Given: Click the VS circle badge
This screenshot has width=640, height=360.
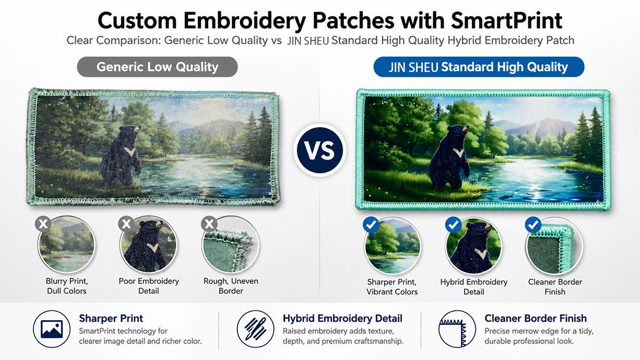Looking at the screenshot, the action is pyautogui.click(x=319, y=150).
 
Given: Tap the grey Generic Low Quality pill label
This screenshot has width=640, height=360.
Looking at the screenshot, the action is pyautogui.click(x=157, y=67).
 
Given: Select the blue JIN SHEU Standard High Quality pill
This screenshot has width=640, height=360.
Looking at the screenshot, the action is pyautogui.click(x=479, y=67).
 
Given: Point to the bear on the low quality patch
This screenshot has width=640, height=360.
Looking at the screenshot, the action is pyautogui.click(x=123, y=156).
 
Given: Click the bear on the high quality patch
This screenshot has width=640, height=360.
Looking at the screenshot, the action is pyautogui.click(x=450, y=158).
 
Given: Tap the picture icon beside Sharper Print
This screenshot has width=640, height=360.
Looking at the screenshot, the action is pyautogui.click(x=52, y=329).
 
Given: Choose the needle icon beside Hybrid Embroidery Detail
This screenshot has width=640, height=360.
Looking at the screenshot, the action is pyautogui.click(x=255, y=329).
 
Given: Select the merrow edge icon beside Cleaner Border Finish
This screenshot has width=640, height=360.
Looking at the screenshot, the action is pyautogui.click(x=457, y=329).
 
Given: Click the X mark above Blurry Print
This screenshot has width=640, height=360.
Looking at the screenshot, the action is pyautogui.click(x=43, y=223).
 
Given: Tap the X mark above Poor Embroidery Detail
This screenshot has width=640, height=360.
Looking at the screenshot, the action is pyautogui.click(x=126, y=223).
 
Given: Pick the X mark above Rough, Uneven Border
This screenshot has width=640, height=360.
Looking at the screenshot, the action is pyautogui.click(x=209, y=223).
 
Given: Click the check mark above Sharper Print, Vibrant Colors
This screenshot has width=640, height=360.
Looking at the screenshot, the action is pyautogui.click(x=371, y=225).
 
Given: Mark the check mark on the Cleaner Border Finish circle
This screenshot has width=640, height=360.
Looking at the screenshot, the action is pyautogui.click(x=533, y=225).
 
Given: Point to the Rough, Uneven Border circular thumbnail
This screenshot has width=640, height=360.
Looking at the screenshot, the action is pyautogui.click(x=231, y=245).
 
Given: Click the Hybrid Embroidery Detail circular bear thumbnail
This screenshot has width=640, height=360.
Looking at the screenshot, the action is pyautogui.click(x=474, y=246).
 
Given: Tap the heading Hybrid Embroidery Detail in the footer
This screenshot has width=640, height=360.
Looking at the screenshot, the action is pyautogui.click(x=342, y=318).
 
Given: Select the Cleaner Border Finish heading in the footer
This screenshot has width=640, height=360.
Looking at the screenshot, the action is pyautogui.click(x=535, y=318).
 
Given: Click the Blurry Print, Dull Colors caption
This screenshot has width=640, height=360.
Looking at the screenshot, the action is pyautogui.click(x=67, y=286).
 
